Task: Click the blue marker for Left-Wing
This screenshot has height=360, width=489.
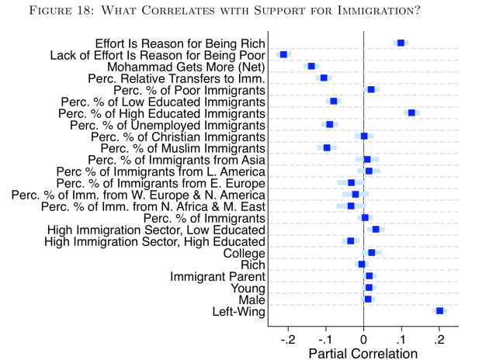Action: coord(439,311)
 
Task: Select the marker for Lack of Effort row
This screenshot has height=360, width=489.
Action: coord(283,54)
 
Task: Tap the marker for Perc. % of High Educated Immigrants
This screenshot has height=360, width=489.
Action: coord(411,113)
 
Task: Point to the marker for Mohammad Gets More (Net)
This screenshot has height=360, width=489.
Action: coord(311,67)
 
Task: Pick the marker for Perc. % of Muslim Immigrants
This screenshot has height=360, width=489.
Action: coord(327,147)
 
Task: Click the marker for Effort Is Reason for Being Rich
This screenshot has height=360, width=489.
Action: coord(401,43)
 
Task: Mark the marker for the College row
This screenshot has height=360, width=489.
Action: coord(371,253)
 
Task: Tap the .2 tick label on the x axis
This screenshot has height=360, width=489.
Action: coord(439,339)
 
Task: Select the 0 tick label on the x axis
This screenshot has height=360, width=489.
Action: coord(363,339)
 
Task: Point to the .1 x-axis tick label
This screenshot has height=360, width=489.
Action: coord(401,339)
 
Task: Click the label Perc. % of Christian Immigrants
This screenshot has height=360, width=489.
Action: coord(179,137)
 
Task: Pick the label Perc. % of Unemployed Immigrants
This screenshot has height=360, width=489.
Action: coord(168,125)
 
